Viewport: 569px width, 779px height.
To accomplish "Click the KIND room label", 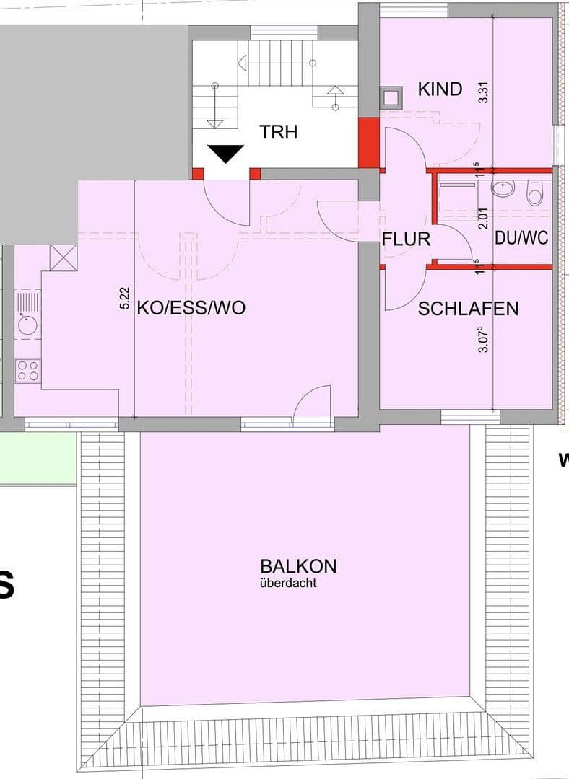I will click(440, 89).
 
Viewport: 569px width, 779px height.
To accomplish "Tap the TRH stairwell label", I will click(279, 133).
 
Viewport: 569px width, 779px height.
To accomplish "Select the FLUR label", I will click(406, 239).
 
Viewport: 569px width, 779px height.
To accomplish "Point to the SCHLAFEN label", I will click(468, 309).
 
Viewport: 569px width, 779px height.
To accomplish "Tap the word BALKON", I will click(298, 566).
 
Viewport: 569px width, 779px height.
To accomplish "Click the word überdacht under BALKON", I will click(287, 584).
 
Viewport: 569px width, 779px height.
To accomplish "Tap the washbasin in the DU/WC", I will click(503, 189).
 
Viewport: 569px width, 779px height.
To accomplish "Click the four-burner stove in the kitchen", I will click(28, 371).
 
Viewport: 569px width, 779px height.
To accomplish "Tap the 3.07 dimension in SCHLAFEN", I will click(484, 339).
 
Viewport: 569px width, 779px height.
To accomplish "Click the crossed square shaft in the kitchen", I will click(63, 257).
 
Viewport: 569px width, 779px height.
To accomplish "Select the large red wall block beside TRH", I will click(368, 142).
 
